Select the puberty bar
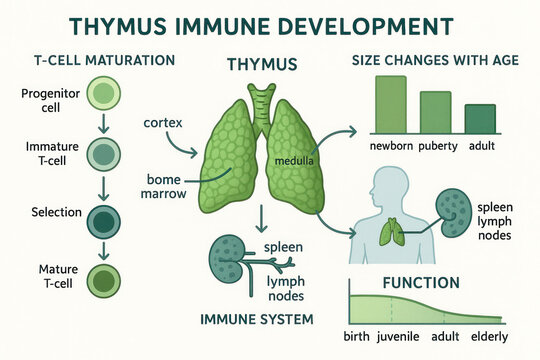coord(436,112)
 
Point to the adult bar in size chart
coord(480,118)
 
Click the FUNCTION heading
coord(420,283)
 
